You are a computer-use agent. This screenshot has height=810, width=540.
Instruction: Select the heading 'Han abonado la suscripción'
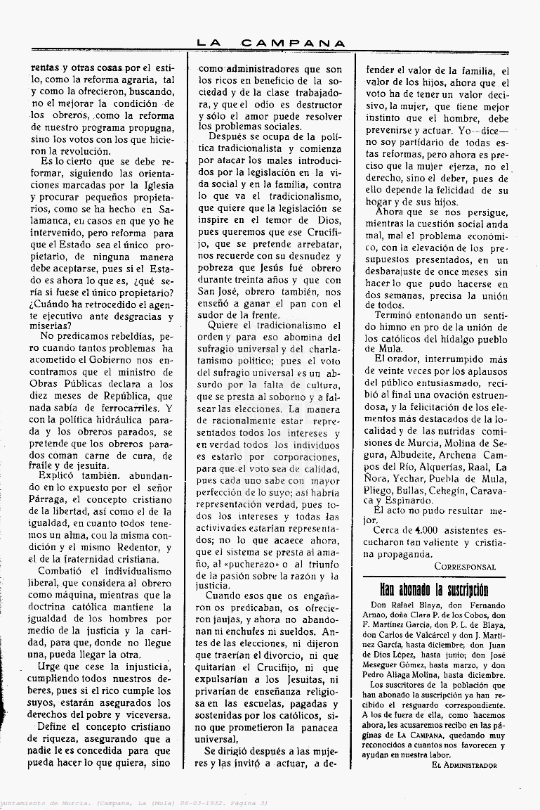pos(434,589)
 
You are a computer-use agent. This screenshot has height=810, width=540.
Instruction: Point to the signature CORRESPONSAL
pos(465,567)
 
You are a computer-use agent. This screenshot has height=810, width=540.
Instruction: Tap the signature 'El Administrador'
pos(464,765)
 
